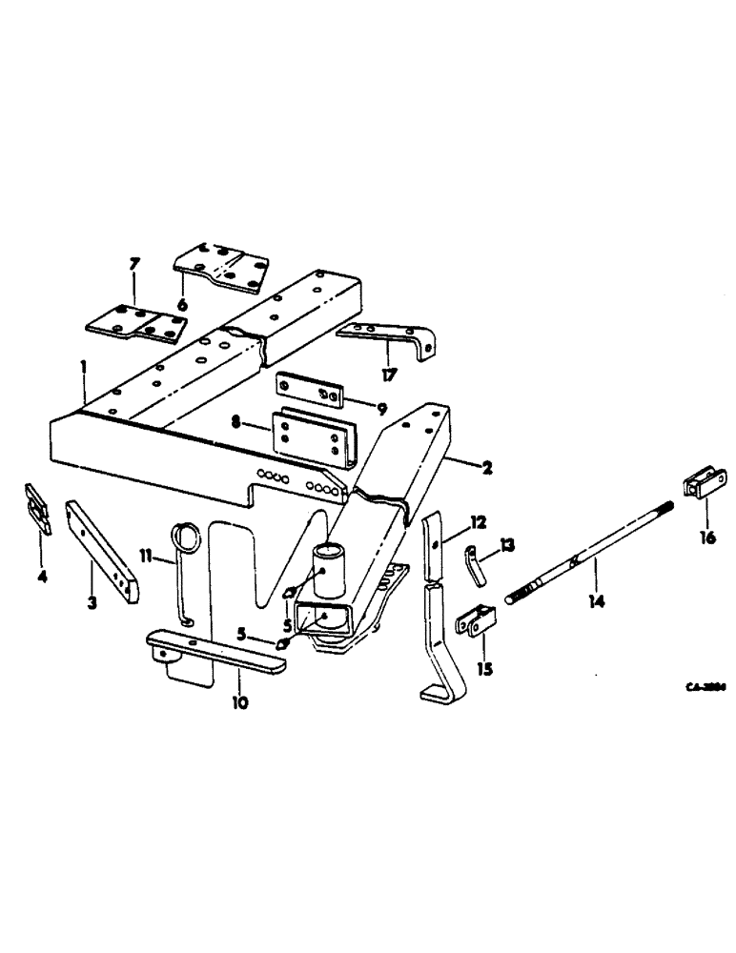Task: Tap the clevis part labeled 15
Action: point(474,622)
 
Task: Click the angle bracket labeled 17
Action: point(393,337)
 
